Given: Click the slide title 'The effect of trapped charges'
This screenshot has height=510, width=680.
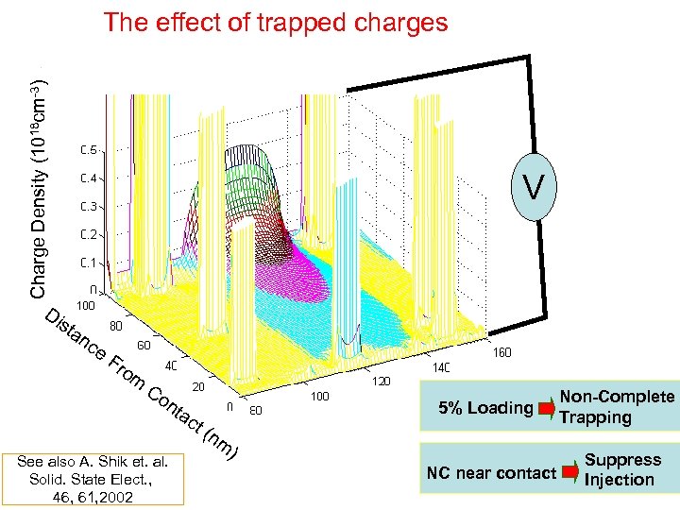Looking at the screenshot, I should pyautogui.click(x=276, y=22).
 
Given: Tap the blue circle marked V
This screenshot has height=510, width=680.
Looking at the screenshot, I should pyautogui.click(x=534, y=188).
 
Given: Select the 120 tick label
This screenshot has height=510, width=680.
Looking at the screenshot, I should pyautogui.click(x=380, y=382).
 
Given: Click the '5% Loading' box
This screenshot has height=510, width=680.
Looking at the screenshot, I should pyautogui.click(x=487, y=408).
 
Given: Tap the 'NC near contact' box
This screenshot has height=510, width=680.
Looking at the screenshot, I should pyautogui.click(x=491, y=471).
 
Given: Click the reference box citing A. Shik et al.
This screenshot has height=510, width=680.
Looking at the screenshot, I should pyautogui.click(x=92, y=479).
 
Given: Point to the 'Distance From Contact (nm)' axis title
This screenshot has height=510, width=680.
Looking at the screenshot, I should pyautogui.click(x=142, y=382).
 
